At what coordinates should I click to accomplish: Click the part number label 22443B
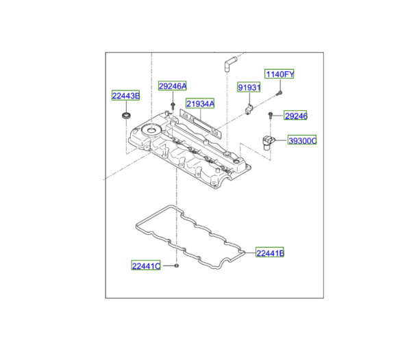(126, 96)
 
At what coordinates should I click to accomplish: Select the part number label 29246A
(172, 86)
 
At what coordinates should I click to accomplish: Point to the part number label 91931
(249, 88)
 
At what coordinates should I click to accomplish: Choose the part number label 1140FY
(279, 74)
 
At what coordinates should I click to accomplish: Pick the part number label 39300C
(302, 140)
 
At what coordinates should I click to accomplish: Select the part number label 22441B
(270, 253)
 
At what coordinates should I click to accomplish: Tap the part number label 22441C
(146, 265)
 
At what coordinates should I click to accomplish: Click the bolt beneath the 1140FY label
(279, 92)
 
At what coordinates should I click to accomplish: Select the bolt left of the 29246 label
(272, 116)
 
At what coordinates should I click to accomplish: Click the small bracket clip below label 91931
(249, 108)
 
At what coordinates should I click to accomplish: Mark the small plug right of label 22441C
(176, 265)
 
